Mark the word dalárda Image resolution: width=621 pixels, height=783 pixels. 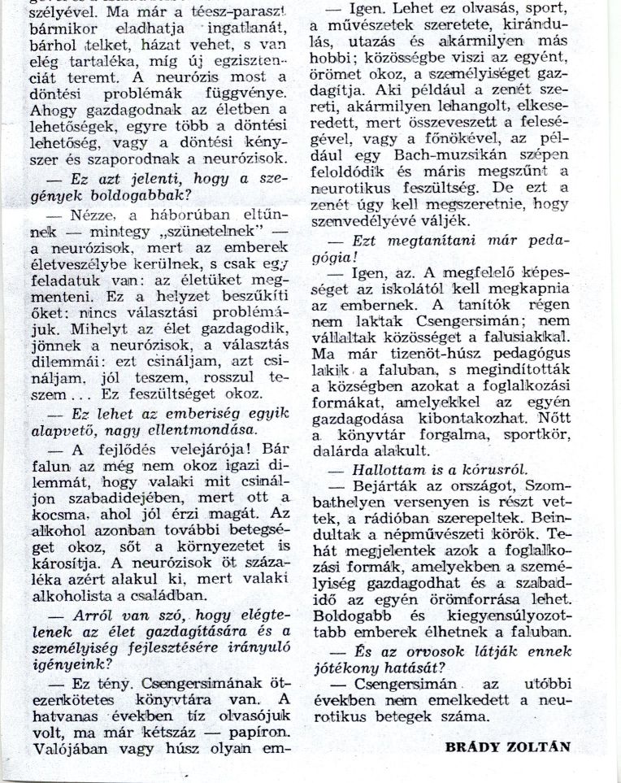[338, 451]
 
